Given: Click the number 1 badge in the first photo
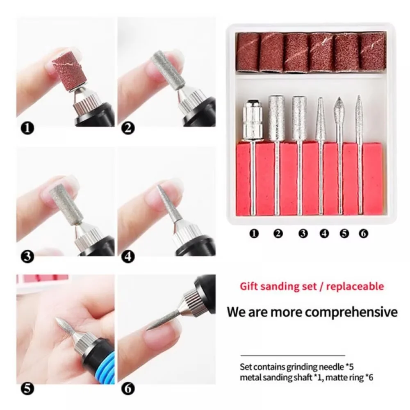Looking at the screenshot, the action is point(27,128).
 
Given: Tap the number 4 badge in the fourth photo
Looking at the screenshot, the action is point(128,256).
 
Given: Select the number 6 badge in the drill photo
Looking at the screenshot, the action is point(128,389).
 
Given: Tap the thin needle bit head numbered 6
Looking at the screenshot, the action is point(359,116).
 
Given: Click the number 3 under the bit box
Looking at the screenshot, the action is point(303,233).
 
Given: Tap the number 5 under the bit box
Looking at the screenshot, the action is point(344,233).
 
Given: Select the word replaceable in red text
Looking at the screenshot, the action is point(355,287).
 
